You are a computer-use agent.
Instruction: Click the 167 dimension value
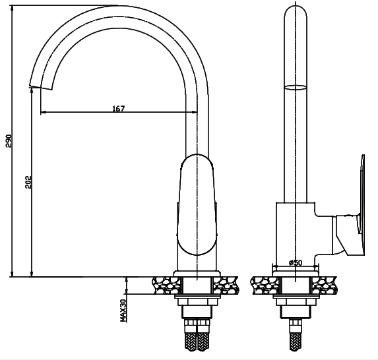(x=119, y=108)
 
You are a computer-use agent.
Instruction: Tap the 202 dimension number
(x=28, y=183)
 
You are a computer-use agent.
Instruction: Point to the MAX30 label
(x=123, y=309)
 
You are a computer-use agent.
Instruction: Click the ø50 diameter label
(x=296, y=262)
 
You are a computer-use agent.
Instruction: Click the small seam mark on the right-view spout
(x=296, y=86)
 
